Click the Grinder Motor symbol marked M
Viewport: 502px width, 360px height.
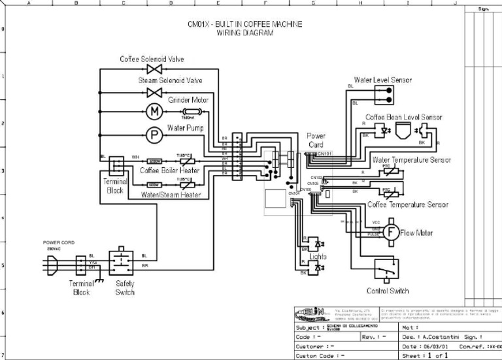[155, 111]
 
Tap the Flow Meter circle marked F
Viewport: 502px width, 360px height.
[390, 232]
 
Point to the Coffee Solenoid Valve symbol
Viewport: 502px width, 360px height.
[155, 69]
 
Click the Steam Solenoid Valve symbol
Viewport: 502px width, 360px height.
[155, 91]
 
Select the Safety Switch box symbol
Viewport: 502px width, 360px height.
[122, 263]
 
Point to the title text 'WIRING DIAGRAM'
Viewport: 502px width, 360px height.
[244, 33]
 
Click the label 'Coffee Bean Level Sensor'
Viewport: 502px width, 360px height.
[403, 118]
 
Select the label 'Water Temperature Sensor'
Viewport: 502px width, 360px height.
[411, 159]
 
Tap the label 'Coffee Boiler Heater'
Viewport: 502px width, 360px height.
[169, 171]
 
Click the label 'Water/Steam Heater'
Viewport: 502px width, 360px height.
[171, 195]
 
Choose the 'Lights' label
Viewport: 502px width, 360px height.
[318, 257]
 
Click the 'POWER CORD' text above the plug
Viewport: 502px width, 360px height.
[59, 242]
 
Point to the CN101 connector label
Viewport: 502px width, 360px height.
[325, 154]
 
